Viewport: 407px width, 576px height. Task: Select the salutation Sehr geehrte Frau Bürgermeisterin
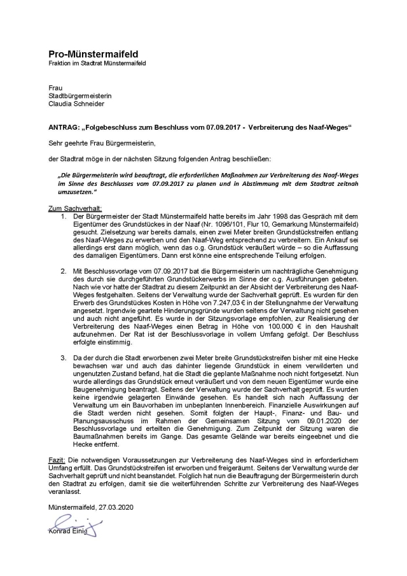tap(101, 143)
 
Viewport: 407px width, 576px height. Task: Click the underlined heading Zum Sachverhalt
tap(74, 209)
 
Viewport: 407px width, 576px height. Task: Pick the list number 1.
tap(64, 217)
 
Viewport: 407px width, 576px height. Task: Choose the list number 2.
tap(64, 270)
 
